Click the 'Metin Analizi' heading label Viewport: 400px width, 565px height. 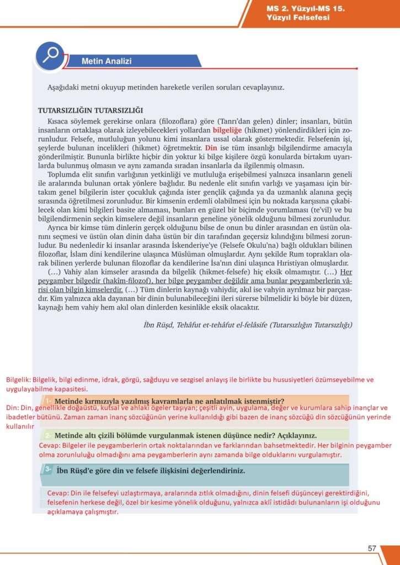[106, 61]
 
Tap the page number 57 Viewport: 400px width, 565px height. [372, 548]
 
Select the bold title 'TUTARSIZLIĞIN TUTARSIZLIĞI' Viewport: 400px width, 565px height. [90, 110]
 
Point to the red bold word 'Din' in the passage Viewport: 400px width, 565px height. [211, 148]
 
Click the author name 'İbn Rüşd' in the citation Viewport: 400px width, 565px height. [156, 324]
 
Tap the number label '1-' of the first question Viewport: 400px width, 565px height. [49, 400]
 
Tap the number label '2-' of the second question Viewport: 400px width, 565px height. [49, 435]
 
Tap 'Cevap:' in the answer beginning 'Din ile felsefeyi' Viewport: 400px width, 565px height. [58, 492]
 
